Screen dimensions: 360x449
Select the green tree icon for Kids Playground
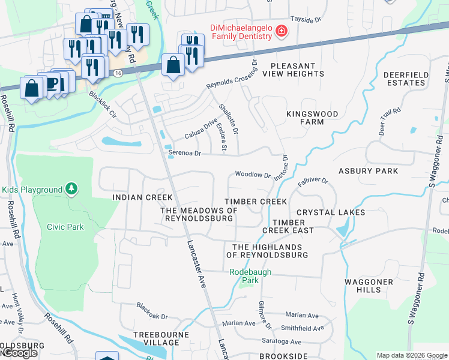[71, 190]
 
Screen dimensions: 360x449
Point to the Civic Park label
[65, 227]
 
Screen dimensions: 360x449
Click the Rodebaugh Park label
[252, 275]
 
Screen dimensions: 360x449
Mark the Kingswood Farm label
[312, 118]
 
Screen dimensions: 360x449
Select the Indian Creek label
[142, 197]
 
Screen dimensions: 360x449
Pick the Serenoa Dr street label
[184, 154]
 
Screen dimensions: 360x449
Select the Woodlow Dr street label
[253, 175]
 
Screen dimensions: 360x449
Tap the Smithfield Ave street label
[303, 328]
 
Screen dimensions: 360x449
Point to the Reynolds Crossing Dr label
[232, 76]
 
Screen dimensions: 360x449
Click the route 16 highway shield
[118, 73]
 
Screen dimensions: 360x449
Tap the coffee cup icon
[52, 83]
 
